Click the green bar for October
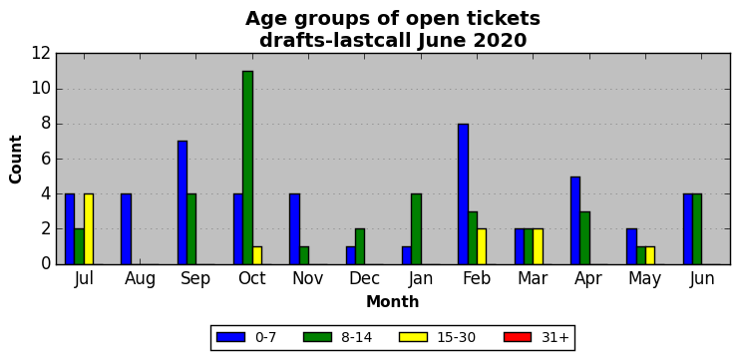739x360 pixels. tap(248, 168)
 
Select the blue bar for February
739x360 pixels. tap(463, 194)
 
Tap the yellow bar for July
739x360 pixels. tap(89, 229)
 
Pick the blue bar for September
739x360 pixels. tap(183, 202)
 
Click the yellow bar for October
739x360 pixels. tap(257, 255)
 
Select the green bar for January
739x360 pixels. tap(416, 229)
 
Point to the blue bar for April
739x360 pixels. tap(575, 220)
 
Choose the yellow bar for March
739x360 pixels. tap(538, 247)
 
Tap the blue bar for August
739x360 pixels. tap(126, 229)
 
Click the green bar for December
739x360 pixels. tap(360, 247)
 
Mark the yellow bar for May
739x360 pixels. tap(650, 255)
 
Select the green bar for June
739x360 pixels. tap(697, 229)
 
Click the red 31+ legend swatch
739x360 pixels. tap(517, 337)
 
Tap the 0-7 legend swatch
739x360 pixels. tap(230, 337)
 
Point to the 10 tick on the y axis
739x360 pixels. tap(41, 89)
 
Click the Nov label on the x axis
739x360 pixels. tap(308, 278)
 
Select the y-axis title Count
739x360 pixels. tap(16, 160)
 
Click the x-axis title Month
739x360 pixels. tap(393, 301)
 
